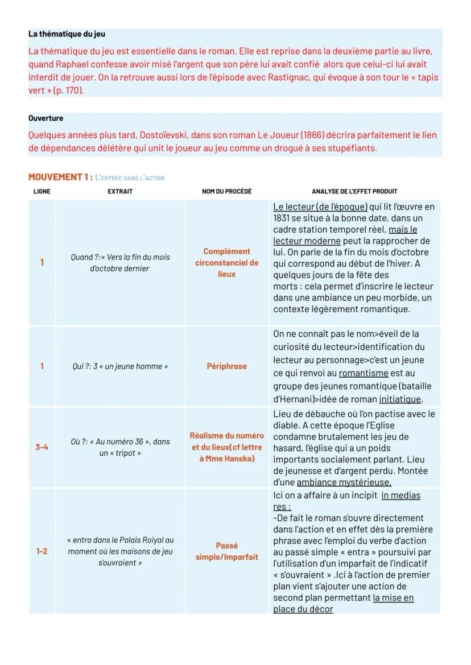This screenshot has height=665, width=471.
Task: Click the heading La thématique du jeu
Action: [x=67, y=34]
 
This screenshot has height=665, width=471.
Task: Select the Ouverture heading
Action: [x=46, y=118]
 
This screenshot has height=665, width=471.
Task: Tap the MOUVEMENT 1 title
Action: [x=60, y=177]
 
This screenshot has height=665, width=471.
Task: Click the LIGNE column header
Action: [x=42, y=192]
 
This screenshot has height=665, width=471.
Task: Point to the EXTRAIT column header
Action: [x=120, y=192]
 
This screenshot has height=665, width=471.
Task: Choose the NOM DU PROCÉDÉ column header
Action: [x=226, y=192]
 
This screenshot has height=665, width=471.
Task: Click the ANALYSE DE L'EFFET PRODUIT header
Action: [x=354, y=192]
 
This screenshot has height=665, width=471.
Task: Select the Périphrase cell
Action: [x=226, y=366]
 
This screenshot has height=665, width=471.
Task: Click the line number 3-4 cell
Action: [x=42, y=447]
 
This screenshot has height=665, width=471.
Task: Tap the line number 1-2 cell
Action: [x=42, y=551]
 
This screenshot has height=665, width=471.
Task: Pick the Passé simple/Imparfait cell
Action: [x=226, y=551]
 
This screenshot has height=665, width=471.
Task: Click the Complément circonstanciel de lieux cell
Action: [x=226, y=262]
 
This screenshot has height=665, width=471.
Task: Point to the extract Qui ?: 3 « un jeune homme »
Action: [x=120, y=366]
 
